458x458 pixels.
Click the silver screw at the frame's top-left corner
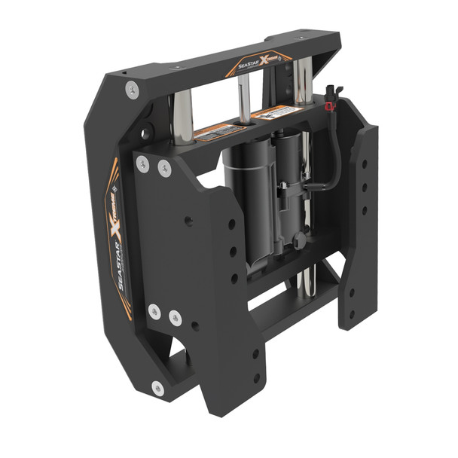[x=132, y=90]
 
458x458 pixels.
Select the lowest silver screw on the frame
[x=157, y=389]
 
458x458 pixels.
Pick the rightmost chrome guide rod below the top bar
[x=303, y=83]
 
